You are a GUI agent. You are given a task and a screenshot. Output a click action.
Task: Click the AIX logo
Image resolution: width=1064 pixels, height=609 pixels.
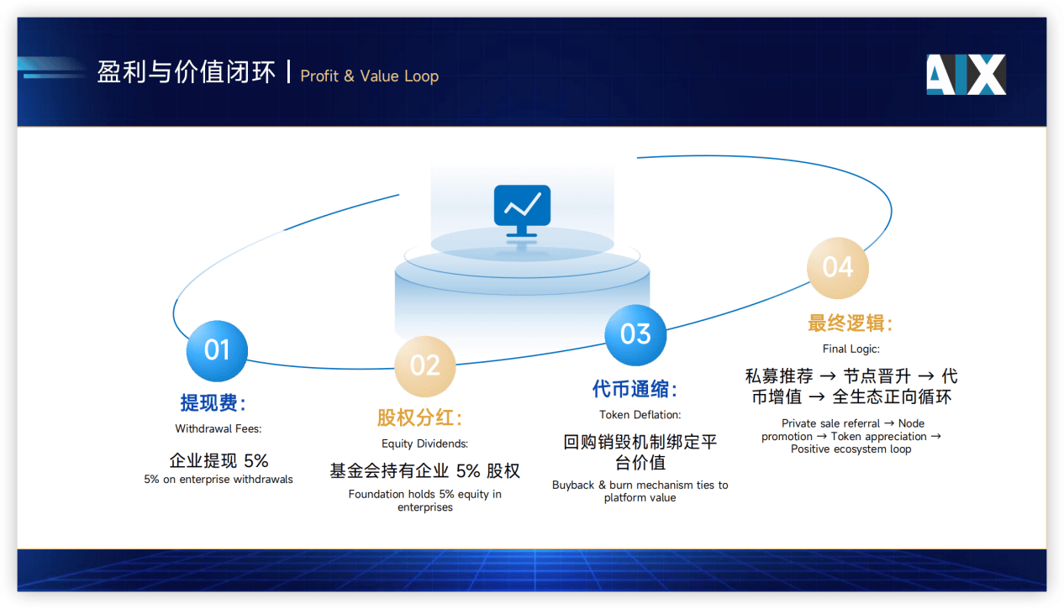[966, 75]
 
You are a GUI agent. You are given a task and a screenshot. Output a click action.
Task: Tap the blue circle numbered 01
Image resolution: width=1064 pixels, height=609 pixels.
[217, 350]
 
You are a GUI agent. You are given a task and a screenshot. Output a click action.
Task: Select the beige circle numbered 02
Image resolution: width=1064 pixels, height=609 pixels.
[425, 365]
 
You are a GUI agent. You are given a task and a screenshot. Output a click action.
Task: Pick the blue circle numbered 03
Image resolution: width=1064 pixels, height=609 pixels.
[635, 334]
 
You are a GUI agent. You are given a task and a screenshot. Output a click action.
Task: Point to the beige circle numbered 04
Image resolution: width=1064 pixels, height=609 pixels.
[837, 267]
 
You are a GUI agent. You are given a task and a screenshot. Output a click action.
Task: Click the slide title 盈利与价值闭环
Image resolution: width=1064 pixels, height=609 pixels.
[186, 73]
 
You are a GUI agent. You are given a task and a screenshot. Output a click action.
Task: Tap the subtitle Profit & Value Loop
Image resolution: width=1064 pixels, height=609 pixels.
[369, 76]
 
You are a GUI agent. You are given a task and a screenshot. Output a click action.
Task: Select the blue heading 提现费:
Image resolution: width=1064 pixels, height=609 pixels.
[213, 403]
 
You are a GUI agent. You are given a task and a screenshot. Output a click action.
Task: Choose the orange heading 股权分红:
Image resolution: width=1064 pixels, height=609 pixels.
[419, 417]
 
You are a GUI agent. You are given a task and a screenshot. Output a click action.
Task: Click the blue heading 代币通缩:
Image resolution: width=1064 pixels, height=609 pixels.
[635, 389]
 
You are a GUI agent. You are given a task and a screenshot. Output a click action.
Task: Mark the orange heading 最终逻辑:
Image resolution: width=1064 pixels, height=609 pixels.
[851, 323]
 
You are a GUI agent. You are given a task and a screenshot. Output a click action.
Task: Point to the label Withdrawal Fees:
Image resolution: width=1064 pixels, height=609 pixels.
[219, 429]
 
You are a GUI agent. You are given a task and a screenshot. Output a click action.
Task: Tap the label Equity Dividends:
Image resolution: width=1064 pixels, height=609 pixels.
[424, 444]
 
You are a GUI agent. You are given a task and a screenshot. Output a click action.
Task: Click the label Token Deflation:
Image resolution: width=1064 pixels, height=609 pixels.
[640, 415]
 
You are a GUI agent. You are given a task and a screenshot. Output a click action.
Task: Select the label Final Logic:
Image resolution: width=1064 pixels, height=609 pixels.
[851, 349]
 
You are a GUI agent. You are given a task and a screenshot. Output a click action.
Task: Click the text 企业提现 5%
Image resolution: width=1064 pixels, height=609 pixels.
[219, 460]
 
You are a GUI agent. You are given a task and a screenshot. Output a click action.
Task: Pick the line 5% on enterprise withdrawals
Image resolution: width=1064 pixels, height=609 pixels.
[219, 480]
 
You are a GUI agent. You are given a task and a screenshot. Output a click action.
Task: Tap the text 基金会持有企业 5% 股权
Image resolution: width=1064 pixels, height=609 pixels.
[424, 471]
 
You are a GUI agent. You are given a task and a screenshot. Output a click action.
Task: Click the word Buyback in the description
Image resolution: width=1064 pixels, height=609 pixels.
[572, 486]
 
